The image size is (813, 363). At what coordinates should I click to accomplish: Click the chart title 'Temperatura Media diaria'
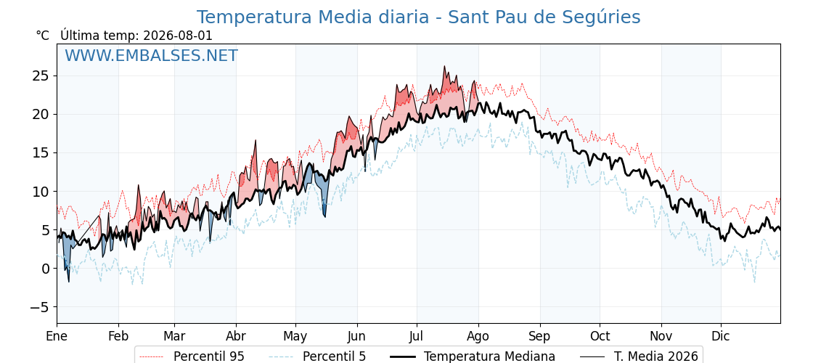click(x=313, y=17)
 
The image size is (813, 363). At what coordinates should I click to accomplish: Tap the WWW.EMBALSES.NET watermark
click(x=151, y=55)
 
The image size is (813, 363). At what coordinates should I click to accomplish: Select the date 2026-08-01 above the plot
click(x=177, y=36)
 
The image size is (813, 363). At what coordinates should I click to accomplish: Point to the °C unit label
click(x=43, y=36)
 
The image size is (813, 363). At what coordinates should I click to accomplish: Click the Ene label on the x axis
click(x=57, y=336)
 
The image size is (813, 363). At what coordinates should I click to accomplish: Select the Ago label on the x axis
click(x=478, y=336)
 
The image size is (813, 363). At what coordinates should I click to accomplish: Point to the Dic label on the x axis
click(x=721, y=336)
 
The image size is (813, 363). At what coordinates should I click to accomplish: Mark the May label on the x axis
click(x=295, y=336)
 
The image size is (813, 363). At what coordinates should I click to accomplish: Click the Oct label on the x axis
click(x=600, y=336)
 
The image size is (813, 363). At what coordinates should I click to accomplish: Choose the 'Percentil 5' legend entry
click(x=317, y=356)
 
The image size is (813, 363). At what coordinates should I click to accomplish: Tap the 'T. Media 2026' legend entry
click(x=639, y=356)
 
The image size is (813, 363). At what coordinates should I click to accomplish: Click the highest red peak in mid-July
click(x=444, y=66)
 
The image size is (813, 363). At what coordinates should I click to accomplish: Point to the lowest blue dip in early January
click(x=69, y=282)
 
